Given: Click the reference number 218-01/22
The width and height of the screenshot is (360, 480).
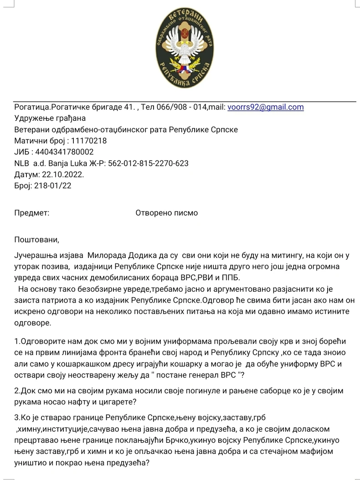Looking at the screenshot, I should pyautogui.click(x=53, y=186).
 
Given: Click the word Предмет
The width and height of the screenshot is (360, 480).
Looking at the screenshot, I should pyautogui.click(x=32, y=213).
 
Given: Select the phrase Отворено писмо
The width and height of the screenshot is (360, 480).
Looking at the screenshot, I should pyautogui.click(x=167, y=213).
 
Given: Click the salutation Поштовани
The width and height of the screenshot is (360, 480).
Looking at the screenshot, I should pyautogui.click(x=37, y=240).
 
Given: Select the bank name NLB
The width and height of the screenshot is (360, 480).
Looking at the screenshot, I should pyautogui.click(x=22, y=163).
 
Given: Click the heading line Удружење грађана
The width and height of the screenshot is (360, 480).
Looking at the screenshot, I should pyautogui.click(x=44, y=119).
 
